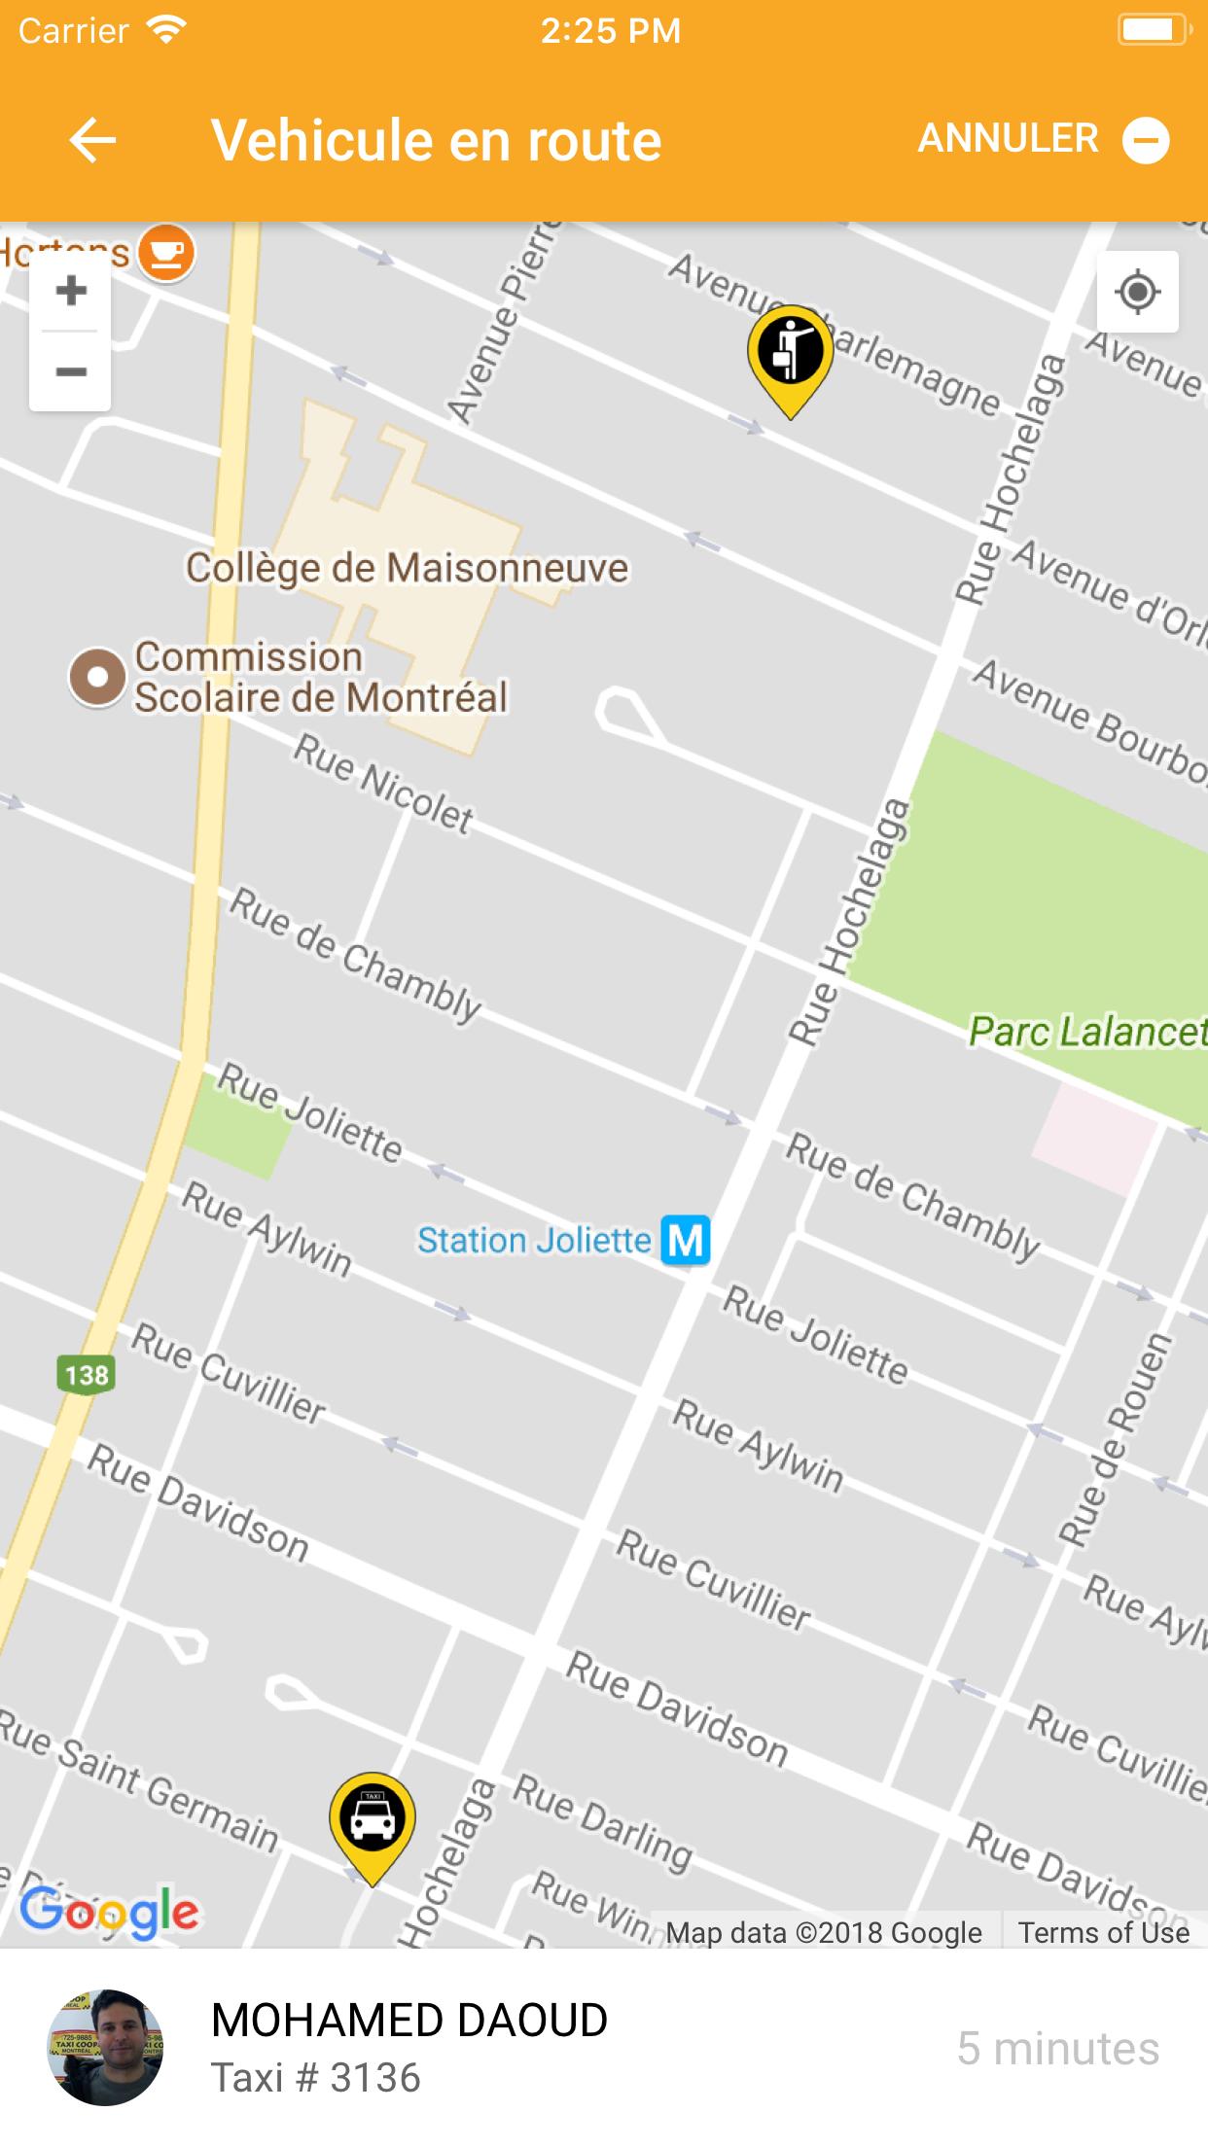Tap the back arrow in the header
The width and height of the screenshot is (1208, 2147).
(93, 140)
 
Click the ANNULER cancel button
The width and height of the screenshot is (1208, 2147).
(1043, 139)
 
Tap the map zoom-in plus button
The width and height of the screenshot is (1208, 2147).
(70, 291)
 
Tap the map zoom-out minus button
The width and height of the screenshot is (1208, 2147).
(70, 371)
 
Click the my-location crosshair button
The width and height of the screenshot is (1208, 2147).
(1137, 292)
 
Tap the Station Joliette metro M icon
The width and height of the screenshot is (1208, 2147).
(686, 1241)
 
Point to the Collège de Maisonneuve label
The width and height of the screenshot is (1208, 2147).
(407, 568)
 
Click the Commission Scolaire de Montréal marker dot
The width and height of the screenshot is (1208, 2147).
(96, 677)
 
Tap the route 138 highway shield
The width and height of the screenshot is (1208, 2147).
(87, 1375)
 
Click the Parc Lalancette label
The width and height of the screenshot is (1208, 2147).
(1086, 1031)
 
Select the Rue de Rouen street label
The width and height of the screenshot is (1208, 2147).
(1115, 1440)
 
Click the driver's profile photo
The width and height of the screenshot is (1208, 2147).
(105, 2048)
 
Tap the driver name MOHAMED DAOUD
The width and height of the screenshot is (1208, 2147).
(409, 2021)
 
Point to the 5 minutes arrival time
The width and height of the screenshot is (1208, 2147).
(1057, 2049)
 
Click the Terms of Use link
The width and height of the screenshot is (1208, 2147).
(1103, 1932)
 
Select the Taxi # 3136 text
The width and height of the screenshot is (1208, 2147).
(316, 2079)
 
